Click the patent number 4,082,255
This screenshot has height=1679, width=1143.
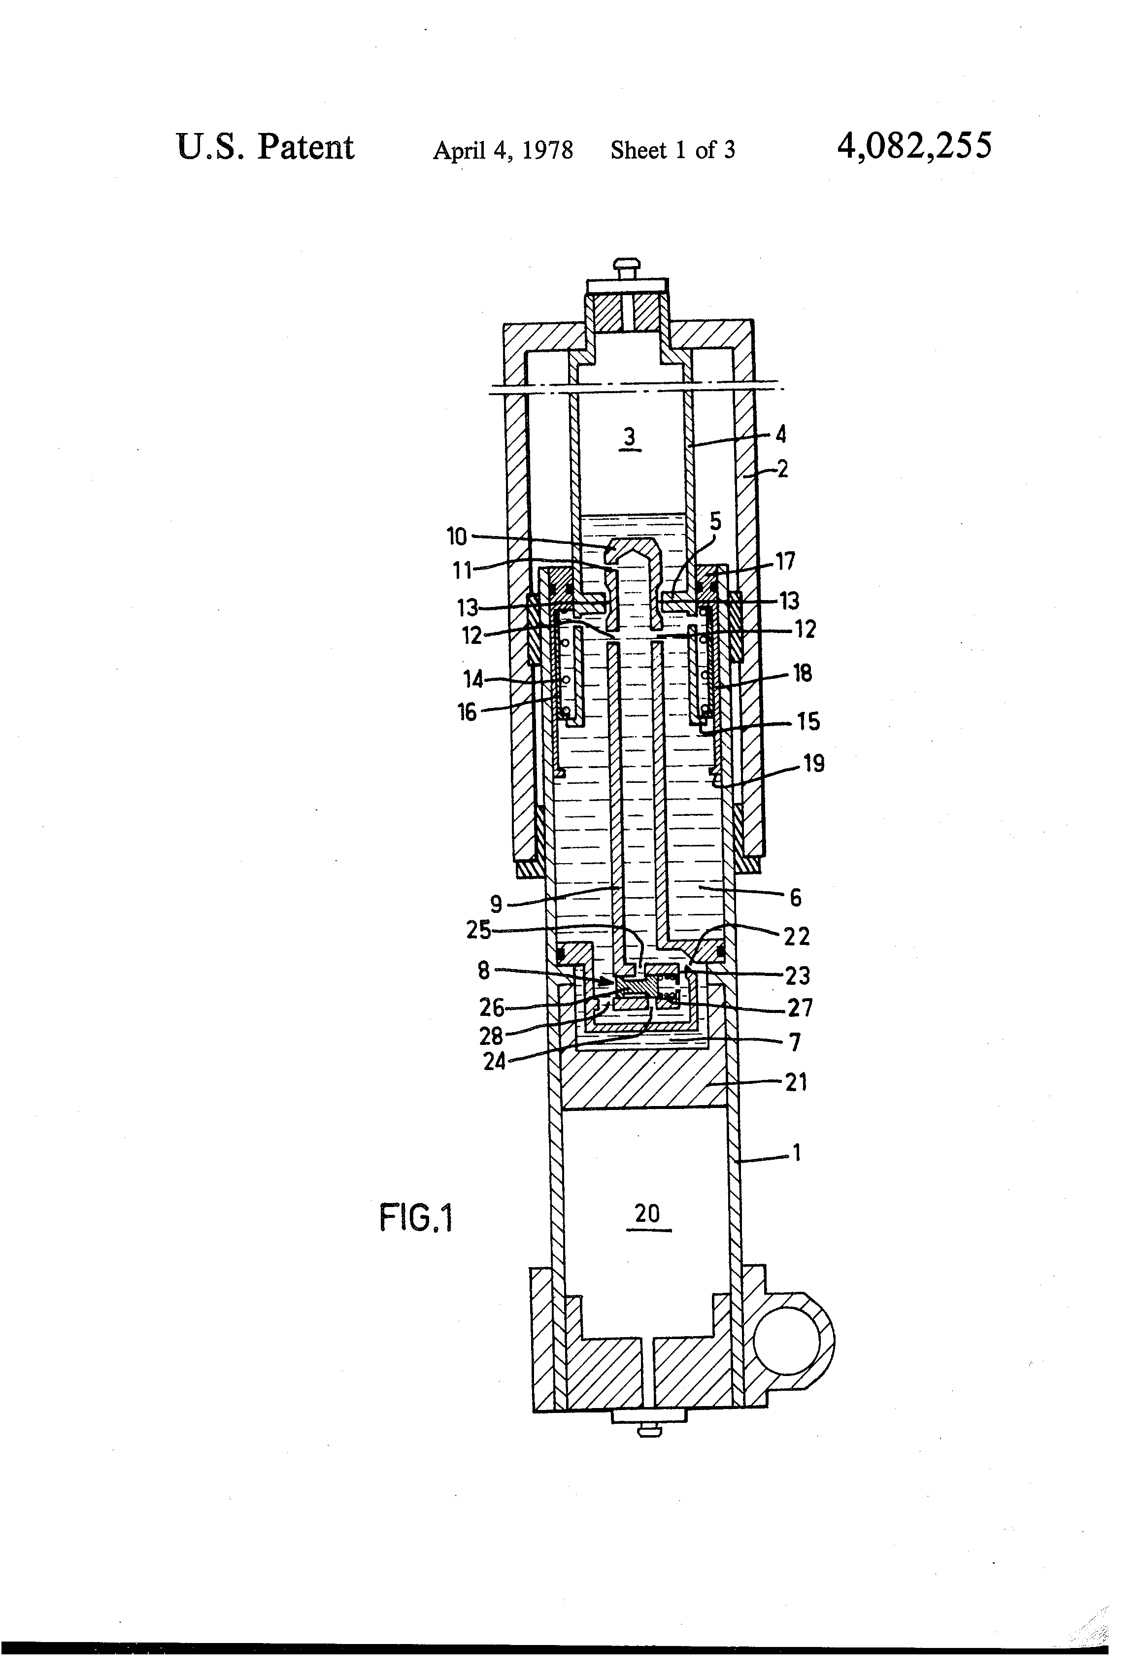(914, 147)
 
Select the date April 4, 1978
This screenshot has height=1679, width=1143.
(503, 150)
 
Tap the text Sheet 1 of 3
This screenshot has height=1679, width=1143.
(672, 150)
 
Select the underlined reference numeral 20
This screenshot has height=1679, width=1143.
(647, 1214)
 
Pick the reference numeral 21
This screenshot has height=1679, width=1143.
(796, 1082)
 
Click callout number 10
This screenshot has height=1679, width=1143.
(457, 537)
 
